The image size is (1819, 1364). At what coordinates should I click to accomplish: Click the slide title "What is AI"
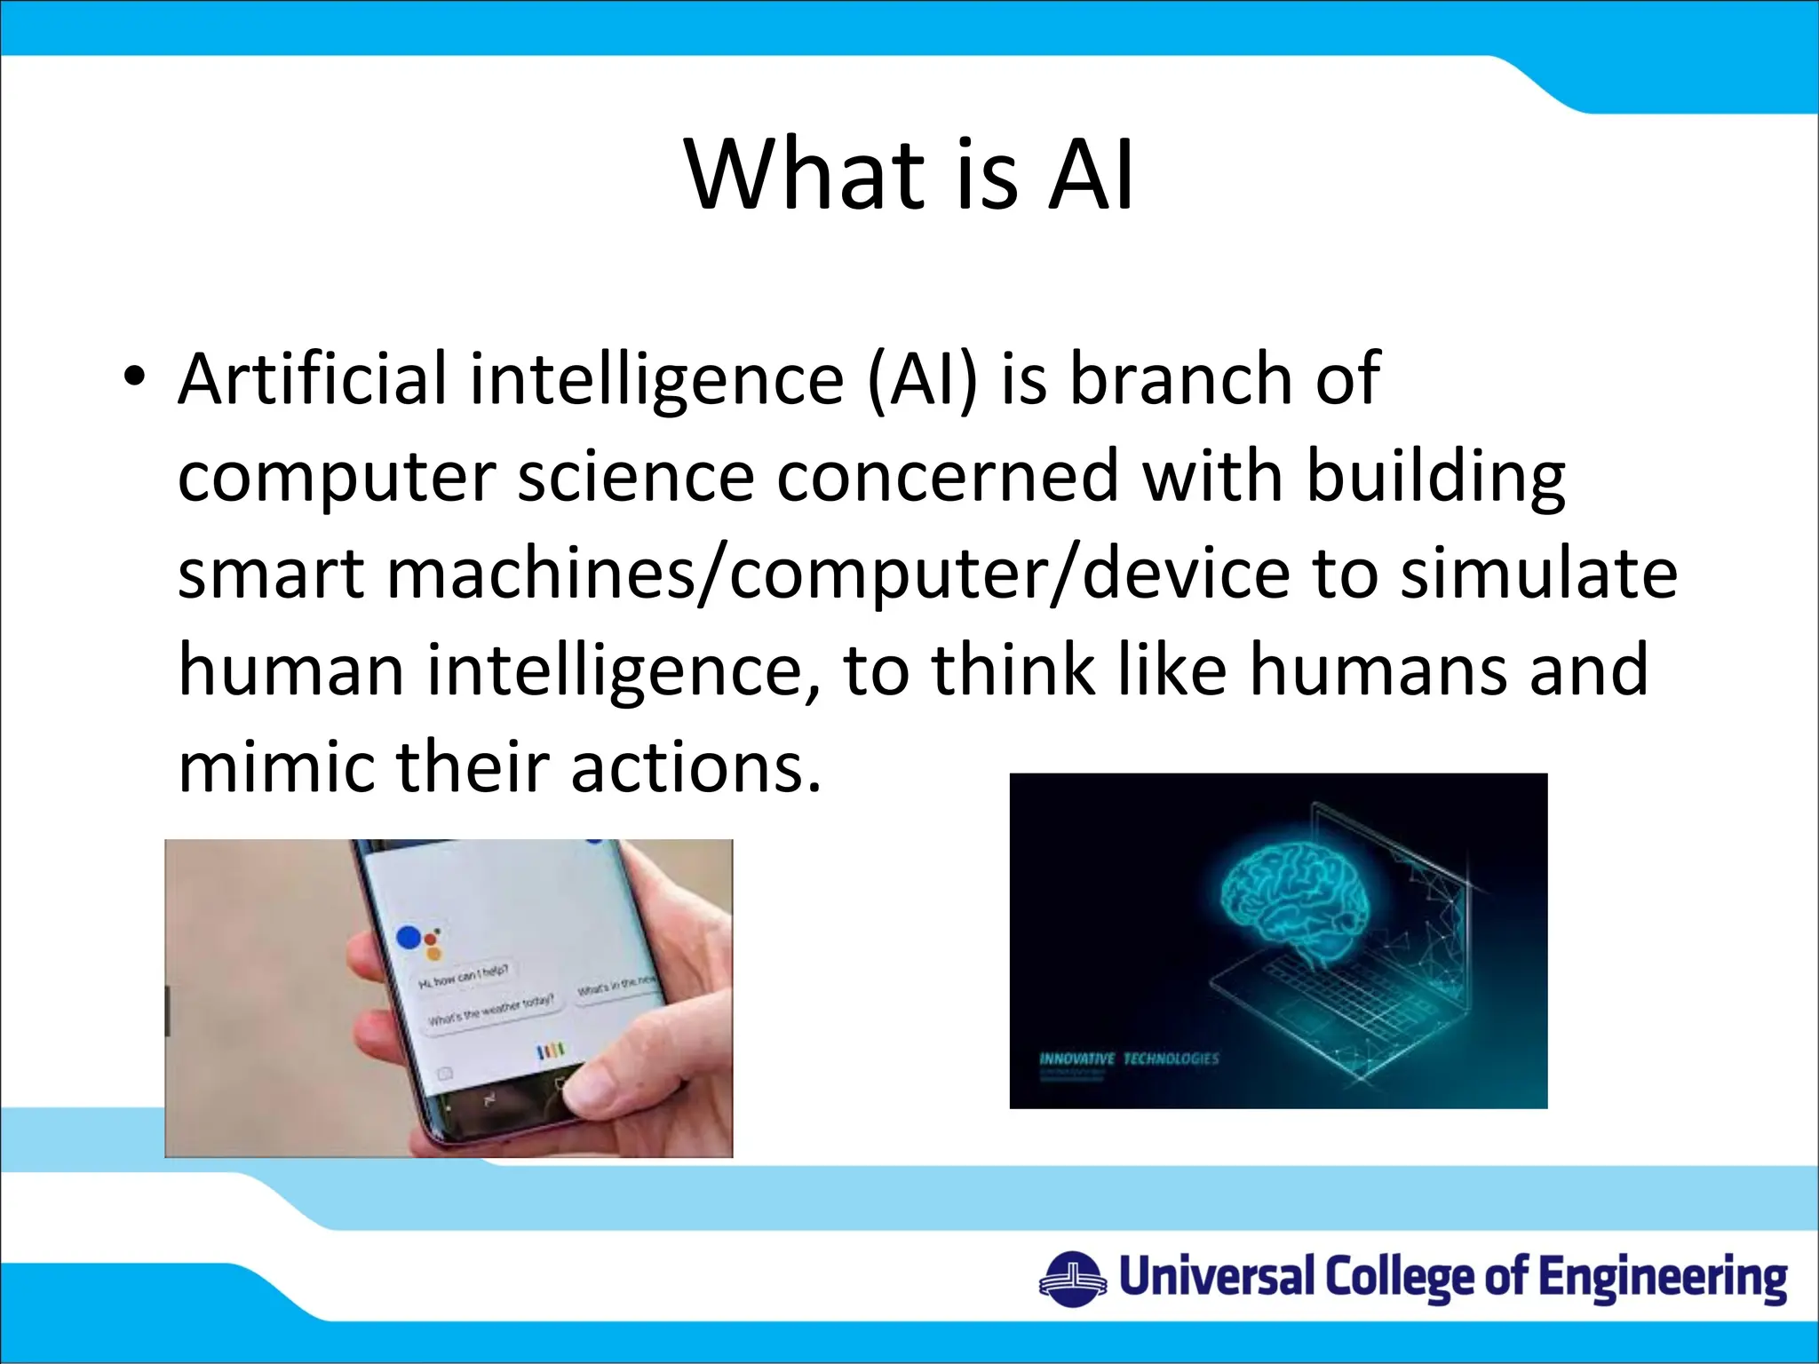(x=909, y=175)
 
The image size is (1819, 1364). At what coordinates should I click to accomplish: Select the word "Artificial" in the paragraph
(x=312, y=379)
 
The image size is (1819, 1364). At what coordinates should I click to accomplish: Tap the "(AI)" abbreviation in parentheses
(x=921, y=381)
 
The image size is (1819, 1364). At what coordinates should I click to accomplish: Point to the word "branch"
(x=1180, y=379)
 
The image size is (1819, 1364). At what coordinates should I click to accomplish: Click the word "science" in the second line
(x=635, y=477)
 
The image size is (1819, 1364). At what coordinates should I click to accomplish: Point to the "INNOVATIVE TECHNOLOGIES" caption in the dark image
(x=1129, y=1059)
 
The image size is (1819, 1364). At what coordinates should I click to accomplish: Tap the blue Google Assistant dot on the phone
(x=409, y=937)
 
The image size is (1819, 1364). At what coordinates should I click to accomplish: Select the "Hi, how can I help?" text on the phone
(x=463, y=976)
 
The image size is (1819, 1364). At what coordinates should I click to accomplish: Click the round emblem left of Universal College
(x=1072, y=1280)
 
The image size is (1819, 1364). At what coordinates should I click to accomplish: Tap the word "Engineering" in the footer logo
(x=1662, y=1280)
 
